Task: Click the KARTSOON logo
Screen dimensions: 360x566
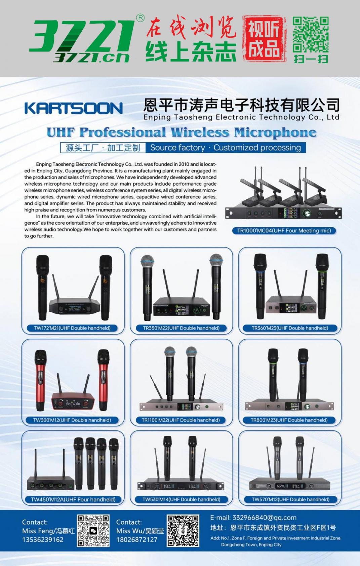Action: click(x=74, y=108)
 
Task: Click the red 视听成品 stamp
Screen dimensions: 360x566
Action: click(x=264, y=39)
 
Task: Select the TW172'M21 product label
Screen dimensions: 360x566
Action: click(x=72, y=328)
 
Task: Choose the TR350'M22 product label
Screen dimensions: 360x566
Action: click(x=181, y=328)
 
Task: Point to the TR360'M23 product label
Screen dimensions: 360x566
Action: click(x=290, y=328)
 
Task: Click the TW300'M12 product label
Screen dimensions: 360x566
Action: click(x=72, y=420)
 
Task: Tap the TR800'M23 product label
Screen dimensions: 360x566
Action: click(x=289, y=420)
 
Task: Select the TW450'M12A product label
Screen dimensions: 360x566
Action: click(x=73, y=499)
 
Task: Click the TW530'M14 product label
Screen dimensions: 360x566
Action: click(x=182, y=499)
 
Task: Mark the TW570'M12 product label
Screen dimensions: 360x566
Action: click(x=290, y=499)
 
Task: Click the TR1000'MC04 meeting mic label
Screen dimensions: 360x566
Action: click(x=284, y=230)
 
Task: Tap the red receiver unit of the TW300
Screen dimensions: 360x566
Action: click(x=73, y=401)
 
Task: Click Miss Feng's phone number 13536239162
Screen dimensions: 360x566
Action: click(x=43, y=540)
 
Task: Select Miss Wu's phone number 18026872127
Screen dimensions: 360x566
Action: click(x=137, y=540)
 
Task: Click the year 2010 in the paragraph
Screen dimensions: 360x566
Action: click(x=184, y=164)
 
